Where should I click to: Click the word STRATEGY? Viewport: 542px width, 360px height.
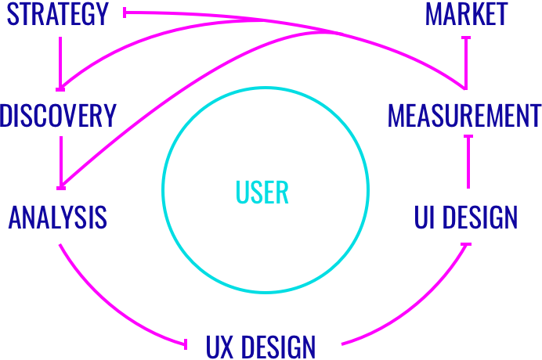click(57, 15)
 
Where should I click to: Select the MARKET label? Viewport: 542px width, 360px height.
click(467, 14)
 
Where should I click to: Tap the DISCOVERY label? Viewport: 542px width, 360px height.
click(58, 116)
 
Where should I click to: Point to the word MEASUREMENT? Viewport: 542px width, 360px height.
click(464, 117)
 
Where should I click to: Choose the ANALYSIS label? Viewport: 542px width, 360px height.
click(58, 217)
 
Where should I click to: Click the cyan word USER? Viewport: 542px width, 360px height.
click(262, 192)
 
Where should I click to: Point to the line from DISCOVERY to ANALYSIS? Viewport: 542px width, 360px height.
click(60, 160)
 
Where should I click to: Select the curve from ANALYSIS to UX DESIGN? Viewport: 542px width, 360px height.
click(102, 305)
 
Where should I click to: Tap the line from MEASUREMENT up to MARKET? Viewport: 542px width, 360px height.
click(467, 63)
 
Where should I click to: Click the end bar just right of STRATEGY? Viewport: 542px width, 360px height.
click(125, 13)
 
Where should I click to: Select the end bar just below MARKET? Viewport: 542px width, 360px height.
click(467, 36)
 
